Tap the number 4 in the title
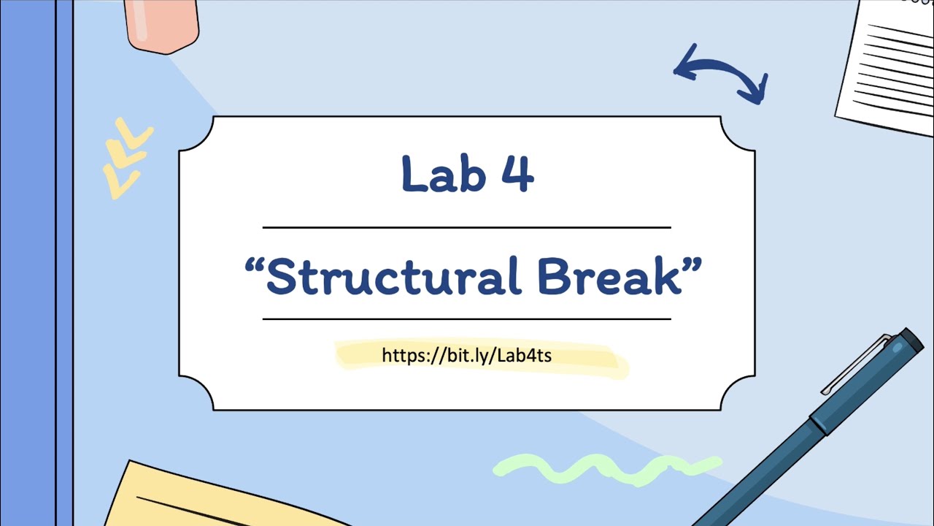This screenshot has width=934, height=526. point(517,175)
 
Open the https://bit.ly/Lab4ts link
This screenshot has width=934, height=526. point(467,356)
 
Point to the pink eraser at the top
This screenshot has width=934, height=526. point(162,25)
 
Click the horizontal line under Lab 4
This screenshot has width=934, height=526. point(467,228)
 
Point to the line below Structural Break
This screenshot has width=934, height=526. point(467,319)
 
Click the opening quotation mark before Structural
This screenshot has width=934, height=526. point(254,264)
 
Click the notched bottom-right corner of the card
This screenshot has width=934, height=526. point(737,392)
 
